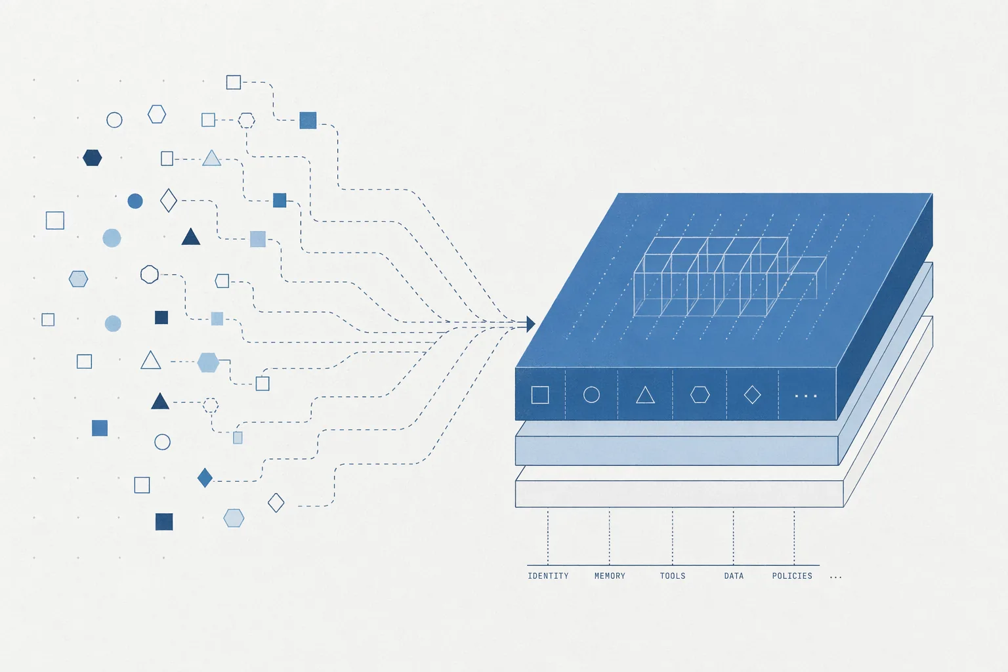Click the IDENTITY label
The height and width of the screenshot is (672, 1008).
[x=548, y=576]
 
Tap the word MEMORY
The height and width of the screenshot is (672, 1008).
[x=610, y=576]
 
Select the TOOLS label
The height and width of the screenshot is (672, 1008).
[x=672, y=576]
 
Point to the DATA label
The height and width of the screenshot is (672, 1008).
[x=734, y=576]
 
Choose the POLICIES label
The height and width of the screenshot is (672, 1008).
[x=792, y=576]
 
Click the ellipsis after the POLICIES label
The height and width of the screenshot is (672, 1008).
[x=835, y=577]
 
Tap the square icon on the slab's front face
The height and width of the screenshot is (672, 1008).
[x=540, y=395]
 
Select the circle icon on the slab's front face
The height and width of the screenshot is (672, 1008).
[x=591, y=395]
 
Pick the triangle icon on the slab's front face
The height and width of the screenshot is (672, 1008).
[x=645, y=395]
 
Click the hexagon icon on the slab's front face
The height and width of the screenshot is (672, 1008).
[x=700, y=395]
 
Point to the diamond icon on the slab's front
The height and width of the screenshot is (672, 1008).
[x=752, y=395]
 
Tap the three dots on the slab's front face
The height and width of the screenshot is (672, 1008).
[x=805, y=396]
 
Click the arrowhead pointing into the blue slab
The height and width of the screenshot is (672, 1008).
[x=530, y=324]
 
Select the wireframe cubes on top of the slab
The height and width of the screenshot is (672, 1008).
[x=730, y=277]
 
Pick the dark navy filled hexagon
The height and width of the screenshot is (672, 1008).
[x=93, y=157]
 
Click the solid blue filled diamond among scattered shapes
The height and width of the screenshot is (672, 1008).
[x=205, y=478]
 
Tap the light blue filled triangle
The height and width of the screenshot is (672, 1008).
[x=211, y=158]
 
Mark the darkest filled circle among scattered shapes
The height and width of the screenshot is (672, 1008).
[x=135, y=201]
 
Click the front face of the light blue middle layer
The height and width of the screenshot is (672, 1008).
[x=677, y=451]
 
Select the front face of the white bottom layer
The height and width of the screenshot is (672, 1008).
[x=679, y=493]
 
